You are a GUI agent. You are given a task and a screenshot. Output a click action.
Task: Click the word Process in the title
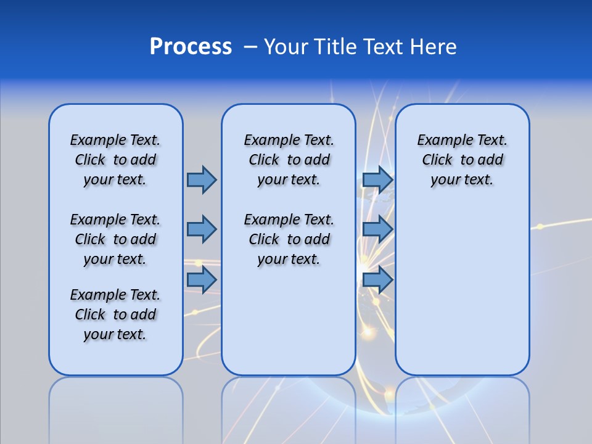[x=191, y=47]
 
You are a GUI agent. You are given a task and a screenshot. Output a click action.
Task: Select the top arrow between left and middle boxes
[x=202, y=179]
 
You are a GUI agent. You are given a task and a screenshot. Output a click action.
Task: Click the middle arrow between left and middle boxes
[x=202, y=229]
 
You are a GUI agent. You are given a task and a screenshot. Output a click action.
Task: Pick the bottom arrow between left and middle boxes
[x=202, y=279]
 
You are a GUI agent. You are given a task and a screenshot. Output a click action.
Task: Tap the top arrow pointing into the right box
[x=377, y=179]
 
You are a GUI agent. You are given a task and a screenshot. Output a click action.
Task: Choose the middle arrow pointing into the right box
[x=377, y=229]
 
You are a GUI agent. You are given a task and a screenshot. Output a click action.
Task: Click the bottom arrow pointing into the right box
[x=377, y=279]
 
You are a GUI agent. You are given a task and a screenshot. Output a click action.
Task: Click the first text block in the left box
[x=115, y=160]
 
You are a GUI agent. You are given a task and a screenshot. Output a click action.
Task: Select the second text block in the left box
[x=115, y=239]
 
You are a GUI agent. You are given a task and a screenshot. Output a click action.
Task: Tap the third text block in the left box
[x=115, y=314]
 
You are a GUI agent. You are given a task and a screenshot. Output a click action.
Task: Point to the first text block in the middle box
[x=289, y=160]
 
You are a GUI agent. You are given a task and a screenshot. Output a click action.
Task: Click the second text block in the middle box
[x=289, y=239]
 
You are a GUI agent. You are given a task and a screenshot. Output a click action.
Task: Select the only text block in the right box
[x=462, y=160]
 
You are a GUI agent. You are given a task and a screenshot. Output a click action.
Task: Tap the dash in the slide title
[x=250, y=47]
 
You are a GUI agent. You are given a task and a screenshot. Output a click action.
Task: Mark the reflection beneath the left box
[x=116, y=407]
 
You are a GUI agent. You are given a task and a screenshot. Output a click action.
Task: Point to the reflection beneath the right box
[x=462, y=407]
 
